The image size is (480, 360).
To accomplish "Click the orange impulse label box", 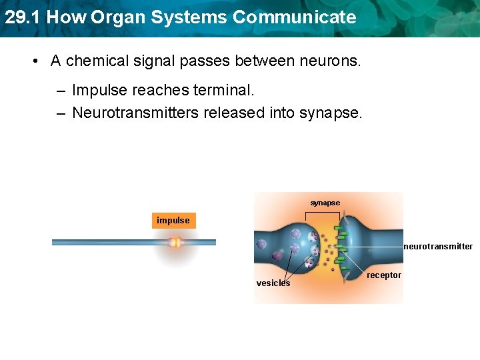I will tap(173, 221).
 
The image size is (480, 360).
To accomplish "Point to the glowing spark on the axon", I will tap(176, 243).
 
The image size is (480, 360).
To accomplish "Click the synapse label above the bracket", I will tap(325, 203).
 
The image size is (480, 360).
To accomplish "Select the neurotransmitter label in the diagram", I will tap(438, 247).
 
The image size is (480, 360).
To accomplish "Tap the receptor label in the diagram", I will tap(384, 275).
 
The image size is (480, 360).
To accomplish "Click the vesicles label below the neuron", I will tap(273, 283).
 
